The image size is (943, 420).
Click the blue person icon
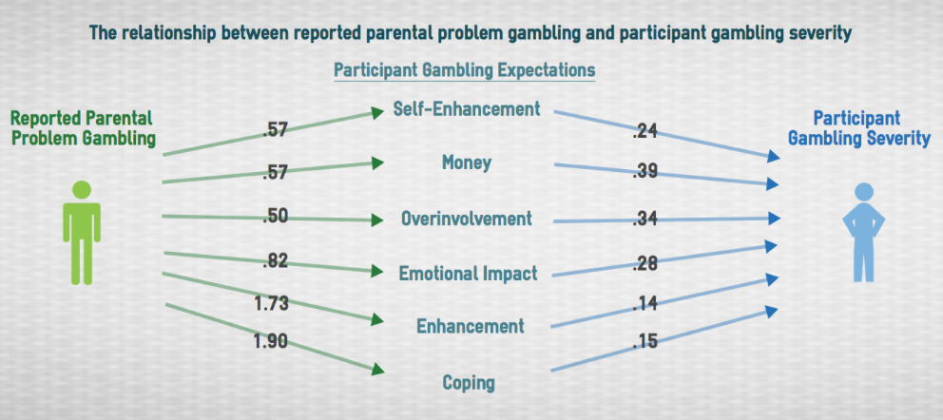point(863,233)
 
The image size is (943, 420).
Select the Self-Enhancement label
point(466,108)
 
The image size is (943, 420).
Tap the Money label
point(467,162)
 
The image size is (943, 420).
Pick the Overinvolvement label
point(467,219)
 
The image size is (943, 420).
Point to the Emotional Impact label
point(468,274)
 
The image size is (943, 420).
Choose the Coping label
point(469,382)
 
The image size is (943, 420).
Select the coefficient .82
point(276,261)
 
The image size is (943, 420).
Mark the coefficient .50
point(276,217)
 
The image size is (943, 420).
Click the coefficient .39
point(645,172)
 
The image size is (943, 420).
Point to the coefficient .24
point(645,130)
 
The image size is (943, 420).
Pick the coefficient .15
point(645,341)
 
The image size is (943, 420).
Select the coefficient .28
point(645,263)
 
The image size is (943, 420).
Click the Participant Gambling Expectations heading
point(464,69)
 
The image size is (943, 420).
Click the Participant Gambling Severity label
point(859,128)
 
